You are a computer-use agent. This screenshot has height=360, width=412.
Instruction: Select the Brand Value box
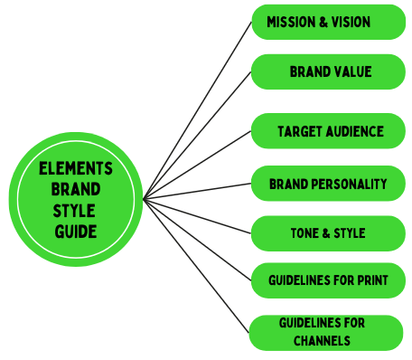point(329,71)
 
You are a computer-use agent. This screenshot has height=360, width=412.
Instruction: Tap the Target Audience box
point(329,131)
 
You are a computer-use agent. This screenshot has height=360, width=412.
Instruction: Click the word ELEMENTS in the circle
point(76,169)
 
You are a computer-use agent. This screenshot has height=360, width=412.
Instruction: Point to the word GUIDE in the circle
point(75,232)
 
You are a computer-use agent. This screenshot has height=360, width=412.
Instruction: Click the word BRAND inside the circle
point(76,190)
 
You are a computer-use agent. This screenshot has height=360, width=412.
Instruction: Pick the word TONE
point(302,233)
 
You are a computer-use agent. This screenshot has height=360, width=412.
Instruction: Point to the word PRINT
point(371,281)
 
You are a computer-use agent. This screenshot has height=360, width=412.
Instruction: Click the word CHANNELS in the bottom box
point(322,342)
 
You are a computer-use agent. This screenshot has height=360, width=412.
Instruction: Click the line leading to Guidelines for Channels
point(197,262)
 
